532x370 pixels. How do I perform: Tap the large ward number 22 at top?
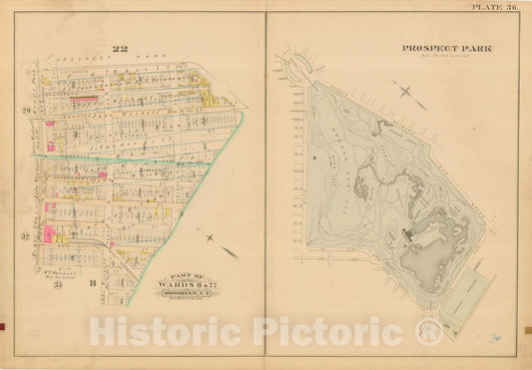tap(121, 49)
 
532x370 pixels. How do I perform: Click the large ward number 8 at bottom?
tap(92, 284)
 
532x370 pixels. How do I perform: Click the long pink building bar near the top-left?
tap(84, 102)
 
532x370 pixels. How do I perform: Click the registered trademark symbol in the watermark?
tap(429, 332)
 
